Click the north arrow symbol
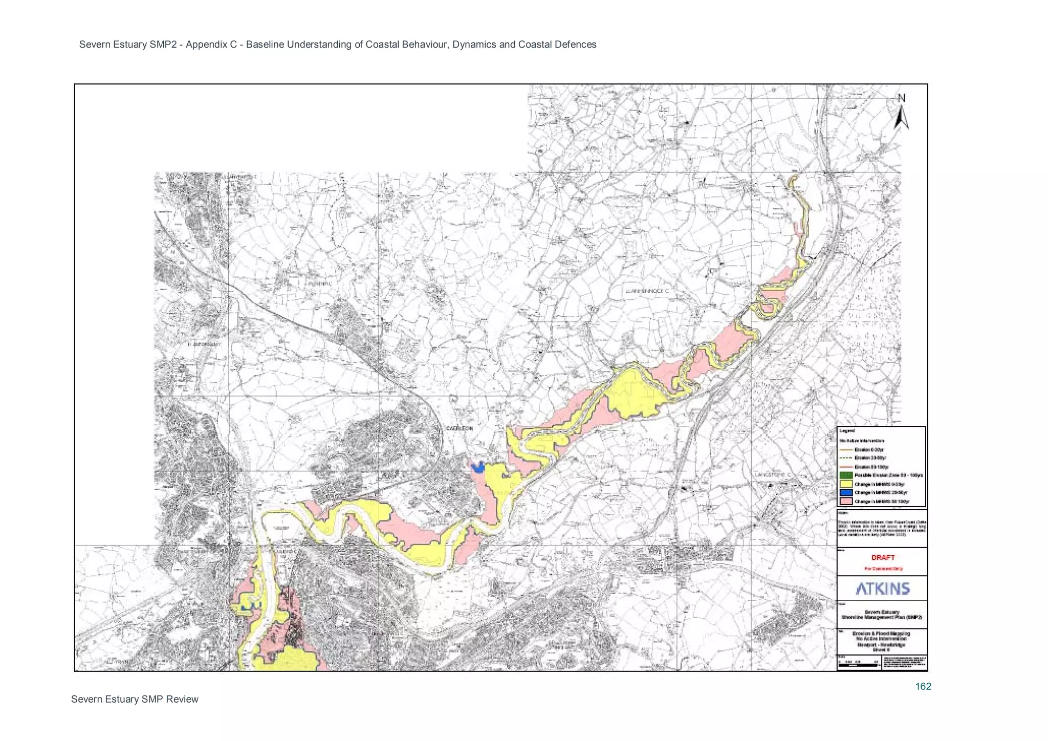(902, 113)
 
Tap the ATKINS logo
(883, 589)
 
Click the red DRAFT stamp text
(883, 557)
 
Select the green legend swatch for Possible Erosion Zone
(846, 475)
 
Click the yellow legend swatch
(846, 484)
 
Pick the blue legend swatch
(846, 493)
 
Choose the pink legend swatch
(846, 502)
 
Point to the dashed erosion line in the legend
(846, 458)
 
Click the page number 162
(923, 686)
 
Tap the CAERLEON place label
(460, 428)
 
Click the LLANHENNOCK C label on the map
(647, 291)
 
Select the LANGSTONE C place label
(773, 475)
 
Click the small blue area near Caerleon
(478, 467)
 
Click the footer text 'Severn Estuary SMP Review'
(135, 699)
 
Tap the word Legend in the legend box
(847, 431)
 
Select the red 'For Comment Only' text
(883, 569)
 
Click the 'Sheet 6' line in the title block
(882, 649)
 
